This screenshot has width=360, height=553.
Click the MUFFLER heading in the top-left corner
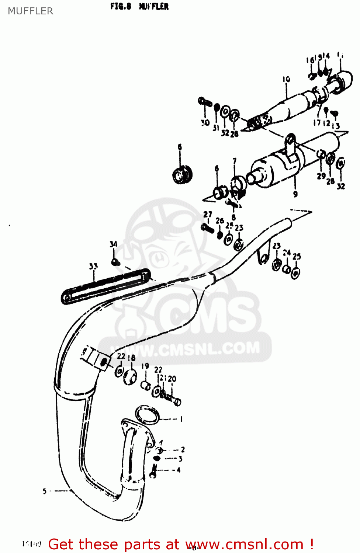31,11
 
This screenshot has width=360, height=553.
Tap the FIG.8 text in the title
121,6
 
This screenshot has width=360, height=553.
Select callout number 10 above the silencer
286,79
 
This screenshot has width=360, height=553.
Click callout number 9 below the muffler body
295,194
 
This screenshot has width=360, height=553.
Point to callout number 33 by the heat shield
93,266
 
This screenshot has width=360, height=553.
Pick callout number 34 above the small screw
113,244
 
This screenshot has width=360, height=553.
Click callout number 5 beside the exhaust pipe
45,491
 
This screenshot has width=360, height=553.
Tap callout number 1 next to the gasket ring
181,419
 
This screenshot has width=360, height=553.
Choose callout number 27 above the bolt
208,214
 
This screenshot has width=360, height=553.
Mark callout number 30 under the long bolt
205,122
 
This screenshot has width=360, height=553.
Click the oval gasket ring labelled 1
148,414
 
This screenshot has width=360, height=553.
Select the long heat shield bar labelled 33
105,286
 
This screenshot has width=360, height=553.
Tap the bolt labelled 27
208,229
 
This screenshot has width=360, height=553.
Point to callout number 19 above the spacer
145,366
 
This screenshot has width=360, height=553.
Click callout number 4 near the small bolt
179,470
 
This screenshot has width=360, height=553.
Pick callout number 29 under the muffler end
321,176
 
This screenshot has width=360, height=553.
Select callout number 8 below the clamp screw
233,218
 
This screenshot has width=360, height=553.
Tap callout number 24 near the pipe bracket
287,253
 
